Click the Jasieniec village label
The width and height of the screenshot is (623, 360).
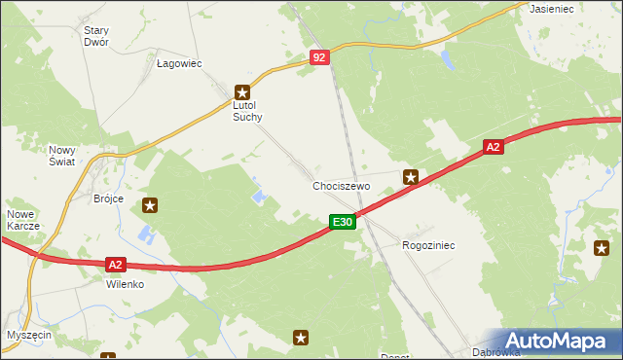coord(550,8)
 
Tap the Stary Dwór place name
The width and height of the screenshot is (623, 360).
coord(95,36)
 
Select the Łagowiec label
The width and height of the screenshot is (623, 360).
coord(179,64)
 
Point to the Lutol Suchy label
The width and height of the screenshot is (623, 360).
coord(247,109)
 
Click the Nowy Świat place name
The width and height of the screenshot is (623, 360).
coord(62,157)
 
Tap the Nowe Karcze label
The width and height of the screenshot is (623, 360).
coord(22,220)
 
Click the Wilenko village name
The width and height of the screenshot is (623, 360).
coord(126,285)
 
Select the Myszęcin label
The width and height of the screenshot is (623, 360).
coord(28,334)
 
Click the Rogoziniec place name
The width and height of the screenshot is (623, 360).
coord(428,246)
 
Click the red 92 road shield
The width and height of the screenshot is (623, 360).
coord(321,58)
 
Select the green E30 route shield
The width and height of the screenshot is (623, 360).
coord(342,223)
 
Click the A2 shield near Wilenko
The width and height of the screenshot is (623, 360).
coord(115,264)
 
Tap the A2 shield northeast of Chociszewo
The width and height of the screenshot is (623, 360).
coord(494,147)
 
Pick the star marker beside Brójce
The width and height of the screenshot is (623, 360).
coord(150,205)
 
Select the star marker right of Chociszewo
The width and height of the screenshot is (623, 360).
coord(412,177)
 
